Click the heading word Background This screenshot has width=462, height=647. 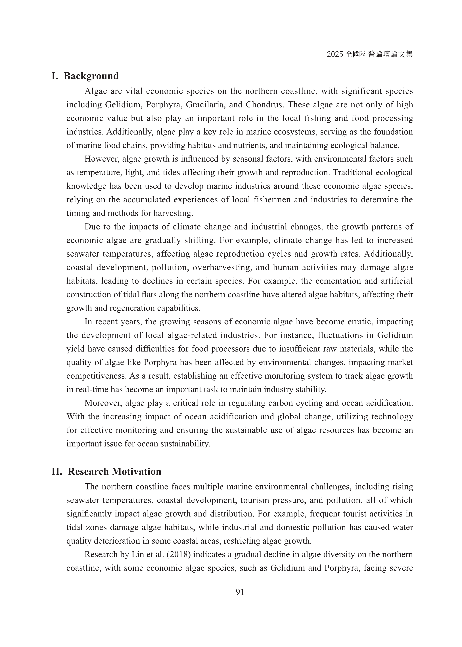tap(91, 76)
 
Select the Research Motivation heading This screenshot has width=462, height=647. tap(114, 471)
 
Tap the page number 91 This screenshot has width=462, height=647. tap(240, 592)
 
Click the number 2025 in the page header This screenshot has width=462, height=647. tap(335, 54)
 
